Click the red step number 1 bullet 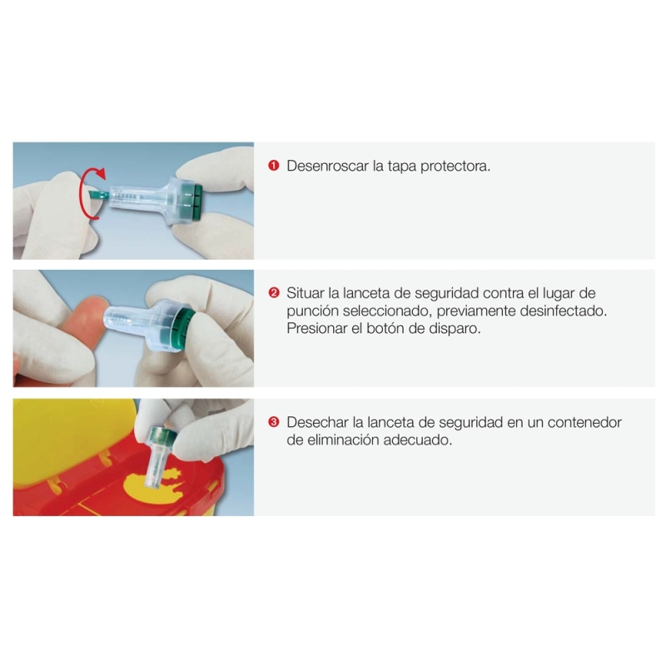click(x=274, y=165)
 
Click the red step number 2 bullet click(x=274, y=293)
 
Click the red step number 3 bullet click(x=274, y=422)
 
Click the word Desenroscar click(x=327, y=166)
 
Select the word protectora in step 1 click(x=455, y=166)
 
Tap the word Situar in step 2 click(x=306, y=293)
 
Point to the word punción click(x=312, y=311)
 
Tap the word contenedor click(x=584, y=422)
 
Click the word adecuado click(x=418, y=440)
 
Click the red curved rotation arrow click(x=85, y=193)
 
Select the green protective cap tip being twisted click(x=99, y=196)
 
